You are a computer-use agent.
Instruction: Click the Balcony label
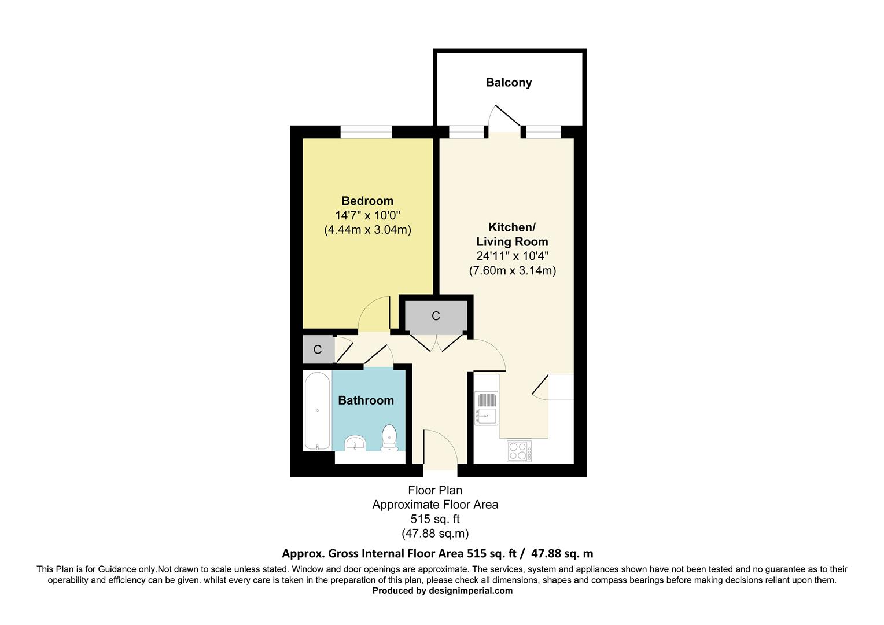coord(509,82)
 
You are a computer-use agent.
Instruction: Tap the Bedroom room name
coord(367,201)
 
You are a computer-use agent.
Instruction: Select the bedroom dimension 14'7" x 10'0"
coord(367,215)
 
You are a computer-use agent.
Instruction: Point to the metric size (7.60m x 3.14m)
coord(512,270)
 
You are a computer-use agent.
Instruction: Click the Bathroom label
coord(366,400)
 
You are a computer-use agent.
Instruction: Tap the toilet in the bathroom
coord(389,437)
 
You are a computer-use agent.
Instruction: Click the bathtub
coord(317,411)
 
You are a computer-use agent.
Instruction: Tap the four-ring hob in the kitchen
coord(520,451)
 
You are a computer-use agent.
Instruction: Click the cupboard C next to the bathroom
coord(318,350)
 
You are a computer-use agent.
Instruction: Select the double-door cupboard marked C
coord(436,316)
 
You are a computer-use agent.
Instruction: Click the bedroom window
coord(366,132)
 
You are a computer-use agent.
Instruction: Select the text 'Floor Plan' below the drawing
coord(435,490)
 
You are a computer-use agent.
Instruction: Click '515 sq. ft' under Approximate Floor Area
coord(435,519)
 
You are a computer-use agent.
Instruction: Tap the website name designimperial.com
coord(470,591)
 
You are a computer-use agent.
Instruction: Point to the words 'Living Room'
coord(512,241)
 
